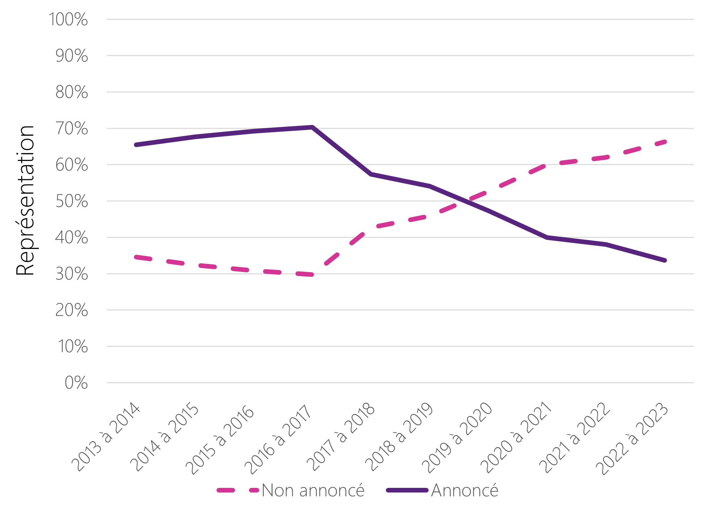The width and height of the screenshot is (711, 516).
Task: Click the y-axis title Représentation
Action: tap(25, 200)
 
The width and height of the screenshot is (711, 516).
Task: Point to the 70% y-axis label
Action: tap(72, 129)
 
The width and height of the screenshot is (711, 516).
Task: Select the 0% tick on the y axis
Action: tap(76, 383)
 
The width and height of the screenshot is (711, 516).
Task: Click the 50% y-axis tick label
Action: tap(72, 201)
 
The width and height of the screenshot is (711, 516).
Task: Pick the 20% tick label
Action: tap(72, 310)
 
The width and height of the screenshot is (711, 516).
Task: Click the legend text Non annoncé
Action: tap(313, 490)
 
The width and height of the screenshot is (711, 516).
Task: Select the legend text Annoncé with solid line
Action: tap(465, 490)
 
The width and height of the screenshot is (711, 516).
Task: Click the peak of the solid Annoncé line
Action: tap(312, 127)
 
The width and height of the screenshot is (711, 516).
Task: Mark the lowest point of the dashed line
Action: tap(312, 275)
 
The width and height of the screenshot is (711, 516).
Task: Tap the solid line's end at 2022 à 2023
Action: tap(665, 260)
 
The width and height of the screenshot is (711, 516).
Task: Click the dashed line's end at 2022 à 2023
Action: tap(665, 142)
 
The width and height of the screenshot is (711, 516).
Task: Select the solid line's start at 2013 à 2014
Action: tap(136, 145)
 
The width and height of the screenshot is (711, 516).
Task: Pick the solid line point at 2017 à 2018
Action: tap(371, 174)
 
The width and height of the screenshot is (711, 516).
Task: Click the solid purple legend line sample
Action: tap(407, 490)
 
